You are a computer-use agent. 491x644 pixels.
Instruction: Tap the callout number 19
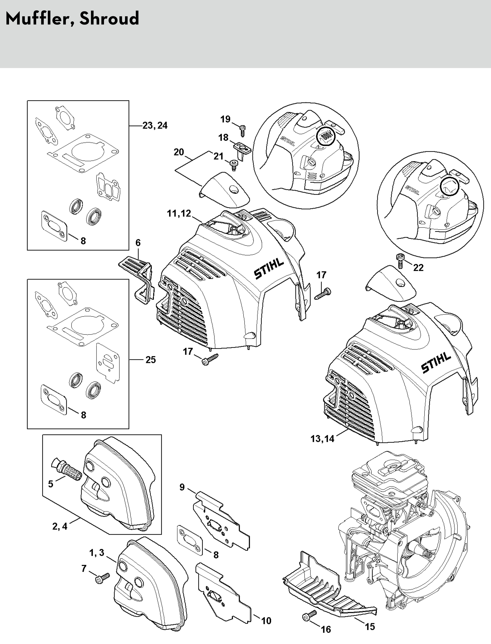coord(225,119)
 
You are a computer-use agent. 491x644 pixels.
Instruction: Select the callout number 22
coord(418,268)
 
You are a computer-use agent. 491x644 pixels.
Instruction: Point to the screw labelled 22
coord(400,260)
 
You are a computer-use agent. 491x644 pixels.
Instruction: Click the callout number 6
coord(138,243)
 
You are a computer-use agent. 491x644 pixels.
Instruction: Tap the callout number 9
coord(182,487)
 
